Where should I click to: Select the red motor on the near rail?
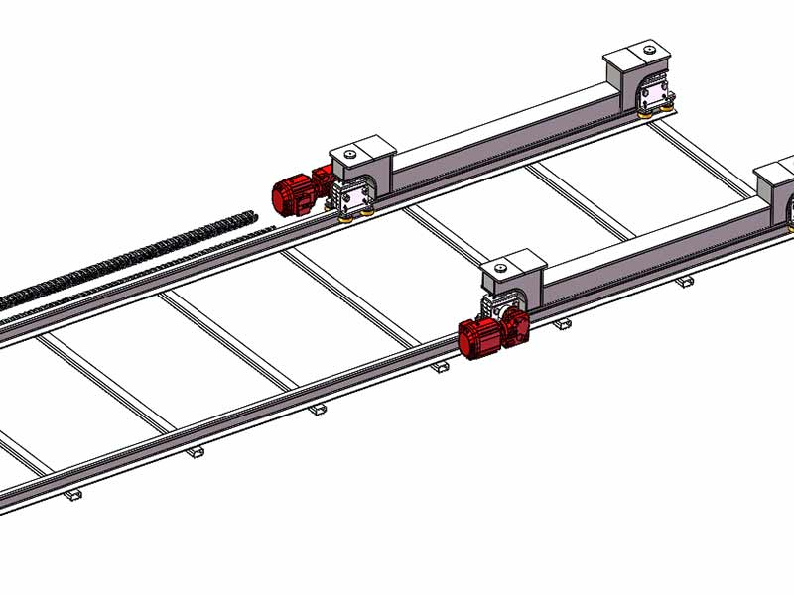[x=480, y=337]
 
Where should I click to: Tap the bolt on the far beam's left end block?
[x=349, y=155]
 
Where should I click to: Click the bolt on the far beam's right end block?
[x=647, y=49]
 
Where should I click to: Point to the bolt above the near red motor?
[x=500, y=266]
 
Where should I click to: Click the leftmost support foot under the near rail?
[x=71, y=494]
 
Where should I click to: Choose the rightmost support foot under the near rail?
[x=683, y=282]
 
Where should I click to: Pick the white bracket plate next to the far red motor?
[x=352, y=192]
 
